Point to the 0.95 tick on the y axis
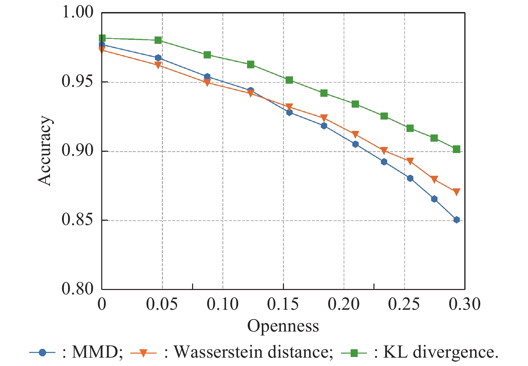pos(77,82)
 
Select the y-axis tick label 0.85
pos(77,220)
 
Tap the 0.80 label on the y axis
pos(77,289)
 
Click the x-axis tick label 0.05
pos(162,304)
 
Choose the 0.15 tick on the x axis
pos(283,304)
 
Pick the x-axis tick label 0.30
pos(465,304)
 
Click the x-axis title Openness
pos(283,326)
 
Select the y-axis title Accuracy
pos(44,151)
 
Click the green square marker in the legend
pos(354,353)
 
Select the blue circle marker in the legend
pos(42,353)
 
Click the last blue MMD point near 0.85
pos(457,220)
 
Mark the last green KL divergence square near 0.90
pos(457,149)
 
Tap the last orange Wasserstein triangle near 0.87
pos(456,192)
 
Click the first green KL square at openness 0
pos(102,38)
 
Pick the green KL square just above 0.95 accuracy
pos(289,80)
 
